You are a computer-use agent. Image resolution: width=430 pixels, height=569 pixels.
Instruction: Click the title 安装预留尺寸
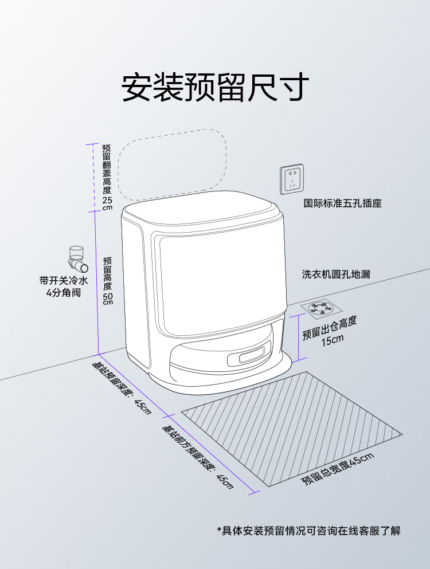[215, 88]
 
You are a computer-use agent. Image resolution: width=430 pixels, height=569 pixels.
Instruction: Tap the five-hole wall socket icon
[292, 179]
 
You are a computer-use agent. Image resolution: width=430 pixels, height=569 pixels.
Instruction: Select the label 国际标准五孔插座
[342, 203]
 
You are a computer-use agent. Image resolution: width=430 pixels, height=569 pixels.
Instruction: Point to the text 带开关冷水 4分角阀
[64, 287]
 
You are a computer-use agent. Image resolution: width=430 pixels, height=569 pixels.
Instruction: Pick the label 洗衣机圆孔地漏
[337, 274]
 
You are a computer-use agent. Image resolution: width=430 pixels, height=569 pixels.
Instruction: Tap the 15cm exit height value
[332, 340]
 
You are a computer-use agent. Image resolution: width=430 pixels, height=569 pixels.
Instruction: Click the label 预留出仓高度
[330, 327]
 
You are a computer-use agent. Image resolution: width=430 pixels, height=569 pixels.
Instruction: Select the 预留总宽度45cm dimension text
[338, 469]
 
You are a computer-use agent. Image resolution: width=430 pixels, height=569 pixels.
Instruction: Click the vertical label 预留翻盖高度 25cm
[107, 177]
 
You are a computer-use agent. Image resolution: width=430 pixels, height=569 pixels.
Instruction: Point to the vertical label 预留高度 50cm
[108, 281]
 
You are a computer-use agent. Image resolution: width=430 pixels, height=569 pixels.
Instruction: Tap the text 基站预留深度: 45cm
[122, 387]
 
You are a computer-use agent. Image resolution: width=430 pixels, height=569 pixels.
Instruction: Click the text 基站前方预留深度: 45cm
[198, 456]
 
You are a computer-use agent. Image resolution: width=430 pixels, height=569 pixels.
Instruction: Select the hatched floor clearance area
[292, 429]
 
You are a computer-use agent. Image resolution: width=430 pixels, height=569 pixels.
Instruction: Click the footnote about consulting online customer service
[308, 531]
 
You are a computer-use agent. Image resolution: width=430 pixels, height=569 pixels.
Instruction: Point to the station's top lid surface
[202, 209]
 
